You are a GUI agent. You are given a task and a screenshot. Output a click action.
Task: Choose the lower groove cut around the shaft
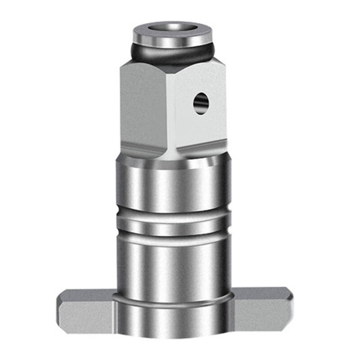pos(173,234)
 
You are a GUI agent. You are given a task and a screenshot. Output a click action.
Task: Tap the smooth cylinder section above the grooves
pos(173,184)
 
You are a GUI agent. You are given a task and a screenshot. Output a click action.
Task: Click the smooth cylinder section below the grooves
pos(173,265)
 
